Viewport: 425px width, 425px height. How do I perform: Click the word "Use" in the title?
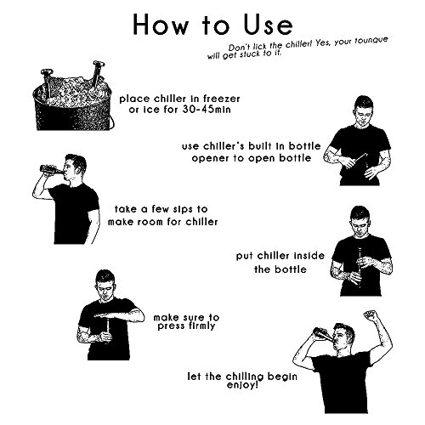point(268,25)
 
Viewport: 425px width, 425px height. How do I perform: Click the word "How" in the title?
point(161,25)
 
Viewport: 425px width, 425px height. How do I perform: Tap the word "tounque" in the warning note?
point(371,41)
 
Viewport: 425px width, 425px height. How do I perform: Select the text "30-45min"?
point(207,110)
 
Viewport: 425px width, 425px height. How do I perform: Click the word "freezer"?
point(222,99)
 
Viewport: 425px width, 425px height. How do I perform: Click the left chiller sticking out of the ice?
point(47,82)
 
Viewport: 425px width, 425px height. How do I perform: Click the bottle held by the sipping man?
point(51,169)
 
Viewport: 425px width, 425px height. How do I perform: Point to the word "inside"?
point(309,256)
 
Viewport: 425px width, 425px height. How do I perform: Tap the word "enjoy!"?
point(242,385)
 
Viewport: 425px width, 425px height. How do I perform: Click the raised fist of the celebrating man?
point(371,315)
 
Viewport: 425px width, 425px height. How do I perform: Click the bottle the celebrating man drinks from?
point(325,333)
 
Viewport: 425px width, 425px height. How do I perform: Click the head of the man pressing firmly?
point(105,283)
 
